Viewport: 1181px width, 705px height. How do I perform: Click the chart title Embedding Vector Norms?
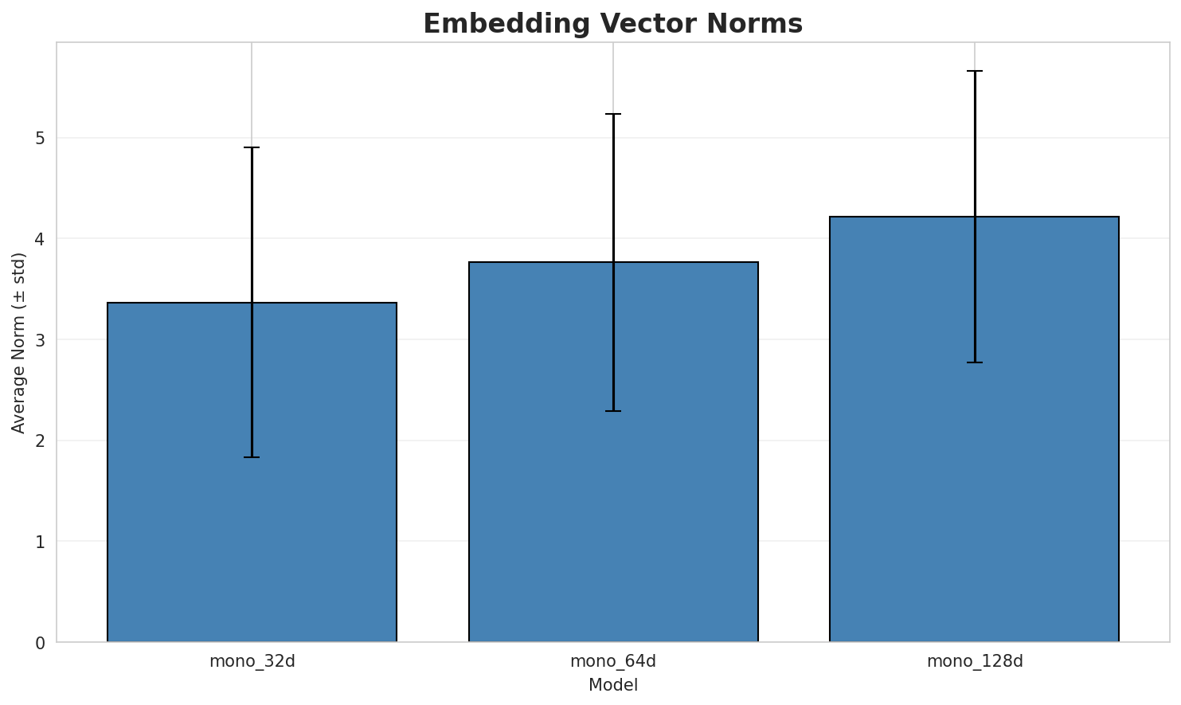(x=612, y=24)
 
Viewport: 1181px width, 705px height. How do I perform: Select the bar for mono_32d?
(x=252, y=472)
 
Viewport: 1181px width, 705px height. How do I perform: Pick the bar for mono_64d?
(x=613, y=452)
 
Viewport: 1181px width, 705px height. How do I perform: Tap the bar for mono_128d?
(x=974, y=429)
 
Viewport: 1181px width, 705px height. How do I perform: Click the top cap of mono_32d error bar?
(x=252, y=147)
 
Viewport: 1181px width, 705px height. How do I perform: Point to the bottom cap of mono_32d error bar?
(x=252, y=457)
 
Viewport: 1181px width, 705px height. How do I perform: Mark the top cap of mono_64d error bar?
(x=613, y=114)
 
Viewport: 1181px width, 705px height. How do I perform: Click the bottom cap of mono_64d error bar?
(x=613, y=411)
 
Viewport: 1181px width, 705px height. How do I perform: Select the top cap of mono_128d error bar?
(x=975, y=71)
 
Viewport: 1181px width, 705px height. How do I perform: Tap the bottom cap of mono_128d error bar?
(x=975, y=362)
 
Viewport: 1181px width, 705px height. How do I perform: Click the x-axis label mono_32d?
(x=252, y=661)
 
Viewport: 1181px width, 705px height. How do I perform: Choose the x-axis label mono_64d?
(x=613, y=661)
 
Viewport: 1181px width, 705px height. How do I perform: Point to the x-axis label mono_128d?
(x=975, y=661)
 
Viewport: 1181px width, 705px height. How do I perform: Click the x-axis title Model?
(x=613, y=685)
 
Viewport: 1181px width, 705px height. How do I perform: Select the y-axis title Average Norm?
(x=18, y=343)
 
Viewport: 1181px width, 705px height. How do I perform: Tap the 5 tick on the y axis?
(x=40, y=139)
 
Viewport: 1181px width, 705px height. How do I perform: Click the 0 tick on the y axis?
(x=40, y=643)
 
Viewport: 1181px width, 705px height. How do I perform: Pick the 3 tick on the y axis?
(x=40, y=340)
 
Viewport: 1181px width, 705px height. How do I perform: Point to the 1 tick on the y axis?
(x=40, y=542)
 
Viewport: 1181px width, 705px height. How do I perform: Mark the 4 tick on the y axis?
(x=40, y=240)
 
